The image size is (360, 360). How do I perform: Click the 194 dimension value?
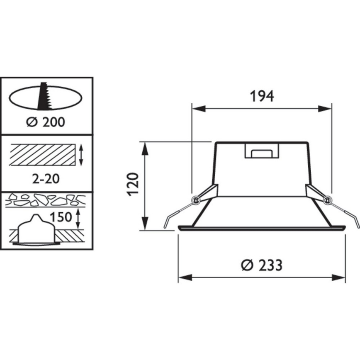click(x=262, y=96)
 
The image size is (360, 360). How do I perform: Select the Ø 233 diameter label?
click(x=262, y=265)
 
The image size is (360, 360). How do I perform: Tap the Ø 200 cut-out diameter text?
click(x=46, y=122)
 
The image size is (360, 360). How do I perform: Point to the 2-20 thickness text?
click(x=46, y=179)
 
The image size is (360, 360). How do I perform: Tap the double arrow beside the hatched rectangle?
click(x=81, y=155)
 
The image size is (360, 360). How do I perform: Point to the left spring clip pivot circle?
click(x=195, y=201)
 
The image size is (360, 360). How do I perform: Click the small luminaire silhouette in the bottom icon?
click(x=35, y=231)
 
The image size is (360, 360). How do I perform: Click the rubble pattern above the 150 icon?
click(x=46, y=200)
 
